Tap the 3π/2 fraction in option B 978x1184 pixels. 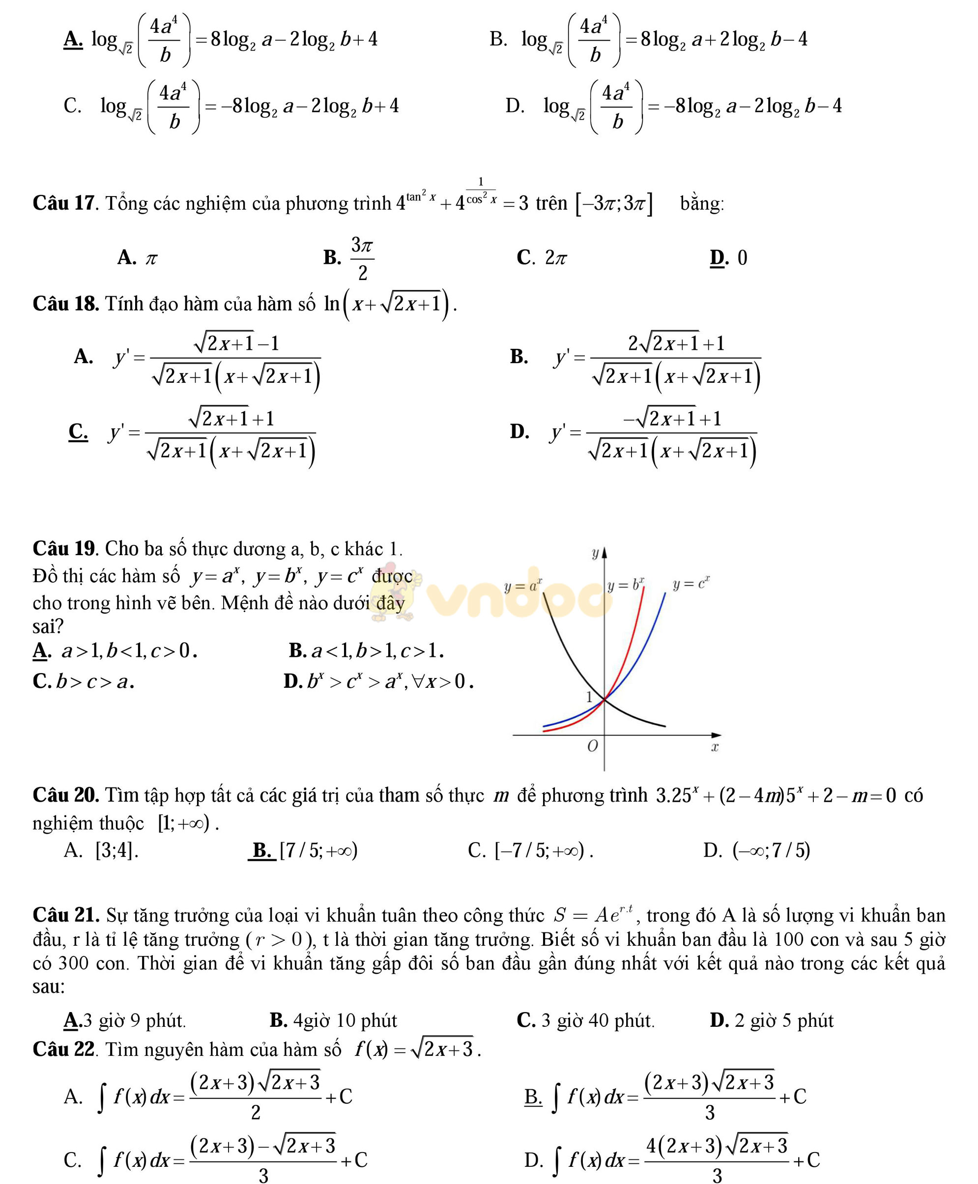click(362, 258)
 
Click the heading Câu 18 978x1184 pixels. click(65, 304)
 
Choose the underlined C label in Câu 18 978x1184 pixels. click(78, 431)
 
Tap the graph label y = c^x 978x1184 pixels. click(690, 584)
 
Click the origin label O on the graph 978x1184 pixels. click(592, 746)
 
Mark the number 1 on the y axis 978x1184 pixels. click(589, 697)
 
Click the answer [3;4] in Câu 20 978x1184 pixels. click(116, 850)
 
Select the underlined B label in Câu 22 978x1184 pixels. click(532, 1096)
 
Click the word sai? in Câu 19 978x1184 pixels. click(48, 626)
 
